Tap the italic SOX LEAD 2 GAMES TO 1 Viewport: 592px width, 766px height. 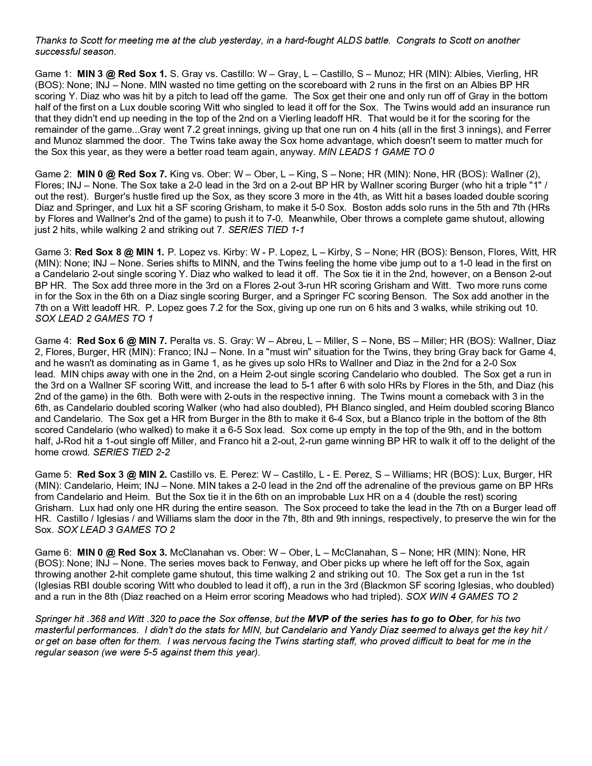pyautogui.click(x=94, y=319)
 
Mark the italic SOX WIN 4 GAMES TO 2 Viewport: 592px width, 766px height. pyautogui.click(x=462, y=597)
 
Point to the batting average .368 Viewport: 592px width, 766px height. pyautogui.click(x=93, y=619)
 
